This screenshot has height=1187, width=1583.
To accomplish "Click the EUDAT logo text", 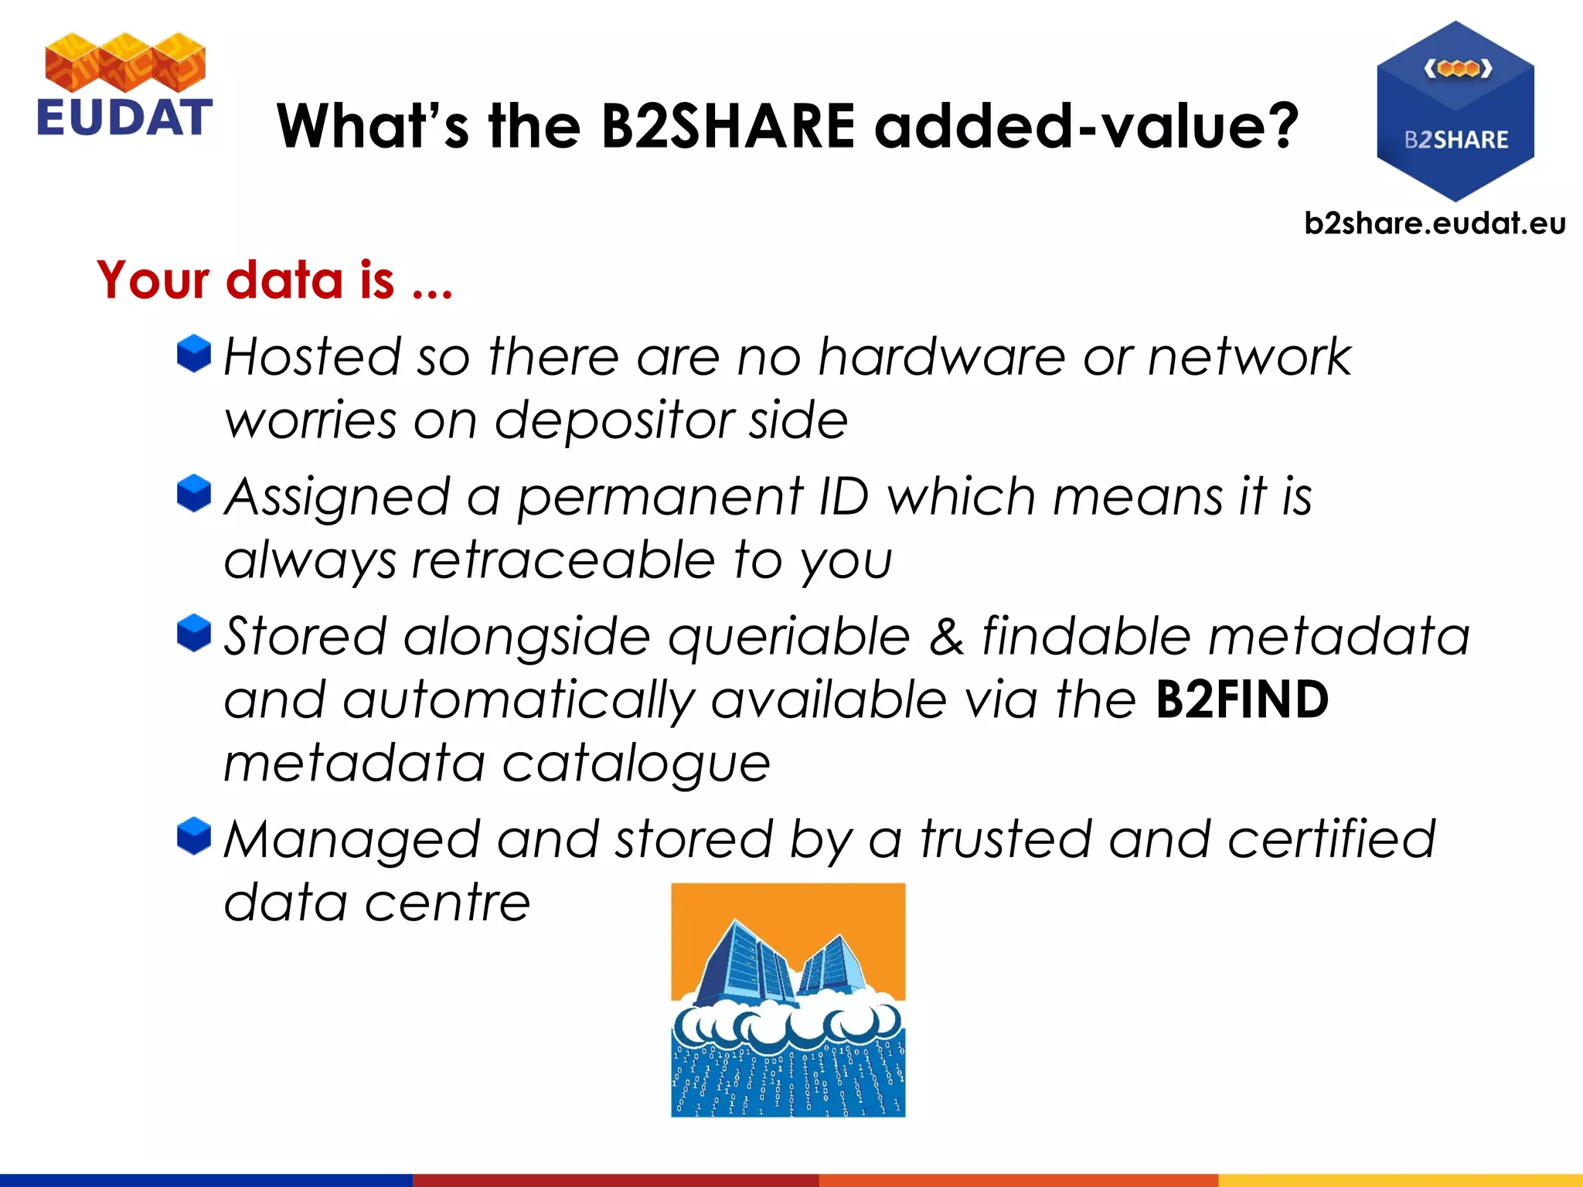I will pyautogui.click(x=124, y=117).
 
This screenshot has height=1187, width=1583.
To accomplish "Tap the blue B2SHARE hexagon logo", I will pyautogui.click(x=1455, y=112).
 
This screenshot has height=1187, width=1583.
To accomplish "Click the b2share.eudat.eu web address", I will pyautogui.click(x=1435, y=223).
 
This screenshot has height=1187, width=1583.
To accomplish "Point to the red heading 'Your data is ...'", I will pyautogui.click(x=274, y=280).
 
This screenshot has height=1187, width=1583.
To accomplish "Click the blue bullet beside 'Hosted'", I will pyautogui.click(x=194, y=354).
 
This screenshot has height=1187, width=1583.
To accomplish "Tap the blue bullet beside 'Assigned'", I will pyautogui.click(x=194, y=493).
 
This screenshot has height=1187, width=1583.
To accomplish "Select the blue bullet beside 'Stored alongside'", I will pyautogui.click(x=194, y=633).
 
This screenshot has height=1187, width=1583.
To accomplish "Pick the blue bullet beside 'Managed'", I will pyautogui.click(x=194, y=836).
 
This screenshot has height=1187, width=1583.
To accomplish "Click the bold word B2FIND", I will pyautogui.click(x=1241, y=700).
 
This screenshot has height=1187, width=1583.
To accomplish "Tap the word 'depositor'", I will pyautogui.click(x=614, y=422).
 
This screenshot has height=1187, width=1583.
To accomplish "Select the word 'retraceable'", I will pyautogui.click(x=563, y=560).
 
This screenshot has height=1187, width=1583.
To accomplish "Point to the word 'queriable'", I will pyautogui.click(x=788, y=638).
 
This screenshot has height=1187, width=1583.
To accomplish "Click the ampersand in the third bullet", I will pyautogui.click(x=946, y=637).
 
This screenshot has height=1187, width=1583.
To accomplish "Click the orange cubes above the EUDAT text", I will pyautogui.click(x=125, y=62).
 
